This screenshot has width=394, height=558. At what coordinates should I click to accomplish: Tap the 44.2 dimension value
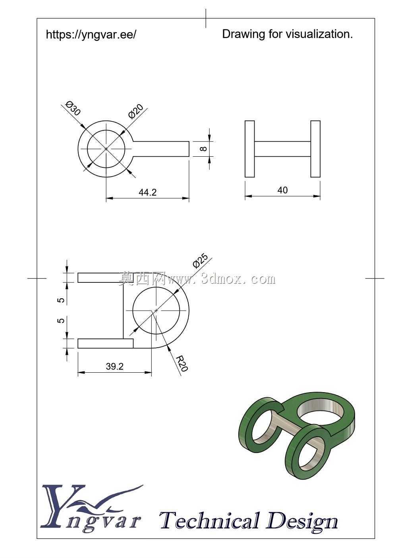[x=148, y=192]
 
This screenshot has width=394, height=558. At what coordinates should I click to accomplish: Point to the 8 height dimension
[x=203, y=149]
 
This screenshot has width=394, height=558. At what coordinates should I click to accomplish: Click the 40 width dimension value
[x=282, y=191]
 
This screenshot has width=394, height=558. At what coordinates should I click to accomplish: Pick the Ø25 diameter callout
[x=200, y=261]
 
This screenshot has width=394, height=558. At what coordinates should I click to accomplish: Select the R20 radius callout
[x=182, y=364]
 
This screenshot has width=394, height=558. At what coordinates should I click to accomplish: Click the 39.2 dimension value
[x=115, y=366]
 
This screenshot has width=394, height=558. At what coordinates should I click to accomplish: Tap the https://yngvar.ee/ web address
[x=91, y=34]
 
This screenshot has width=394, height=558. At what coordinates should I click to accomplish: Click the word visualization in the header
[x=319, y=34]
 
